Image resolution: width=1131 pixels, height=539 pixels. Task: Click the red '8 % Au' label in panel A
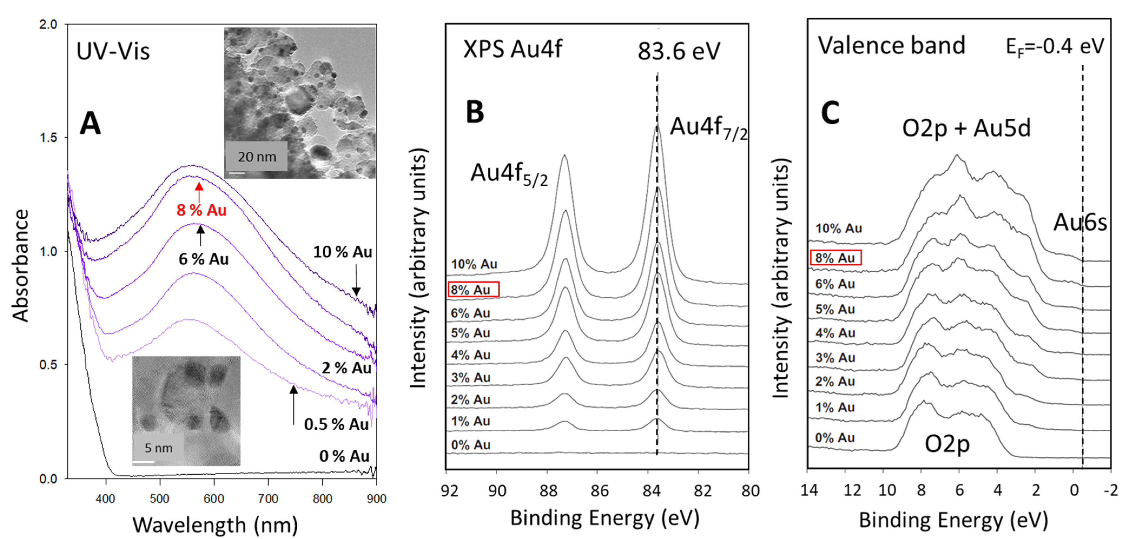[201, 210]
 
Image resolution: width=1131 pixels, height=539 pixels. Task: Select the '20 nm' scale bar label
[257, 157]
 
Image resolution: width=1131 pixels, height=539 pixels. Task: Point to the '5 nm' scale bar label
[158, 448]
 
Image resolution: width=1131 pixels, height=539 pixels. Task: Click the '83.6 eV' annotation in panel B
[679, 51]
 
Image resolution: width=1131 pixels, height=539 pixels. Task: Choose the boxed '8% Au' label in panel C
[835, 258]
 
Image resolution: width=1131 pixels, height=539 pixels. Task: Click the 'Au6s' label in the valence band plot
[1080, 223]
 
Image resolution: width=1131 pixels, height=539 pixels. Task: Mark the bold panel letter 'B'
[475, 112]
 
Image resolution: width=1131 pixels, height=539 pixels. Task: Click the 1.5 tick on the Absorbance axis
[48, 137]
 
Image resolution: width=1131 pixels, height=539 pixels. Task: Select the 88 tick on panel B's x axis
[547, 491]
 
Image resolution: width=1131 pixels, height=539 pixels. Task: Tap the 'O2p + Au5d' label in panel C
[966, 129]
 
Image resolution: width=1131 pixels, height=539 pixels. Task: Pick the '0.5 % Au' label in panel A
[336, 424]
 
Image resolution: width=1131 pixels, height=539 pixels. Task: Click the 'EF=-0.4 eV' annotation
[1055, 47]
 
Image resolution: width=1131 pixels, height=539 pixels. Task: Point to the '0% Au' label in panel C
[835, 438]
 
